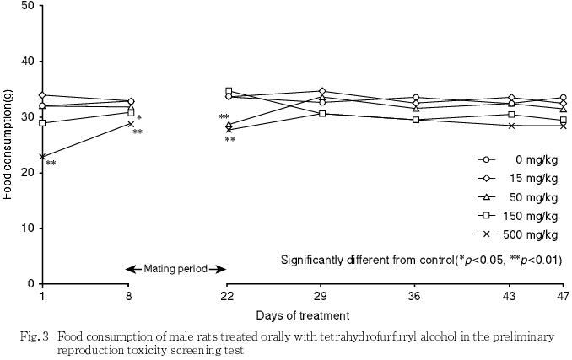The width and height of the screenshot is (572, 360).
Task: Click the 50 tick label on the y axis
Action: tap(29, 6)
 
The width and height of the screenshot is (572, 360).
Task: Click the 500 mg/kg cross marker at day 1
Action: tap(41, 157)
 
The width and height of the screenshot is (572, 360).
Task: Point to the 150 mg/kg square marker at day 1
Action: tap(41, 123)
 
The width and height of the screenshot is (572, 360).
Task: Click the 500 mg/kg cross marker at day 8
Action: tap(131, 124)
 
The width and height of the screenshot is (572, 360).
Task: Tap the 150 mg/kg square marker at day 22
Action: tap(229, 90)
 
